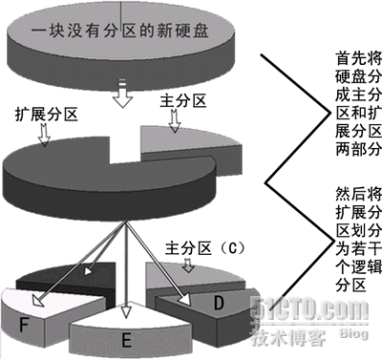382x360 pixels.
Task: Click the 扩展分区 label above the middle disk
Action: [x=47, y=113]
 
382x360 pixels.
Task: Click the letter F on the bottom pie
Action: [x=23, y=325]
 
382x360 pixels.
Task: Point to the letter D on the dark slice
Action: [x=218, y=303]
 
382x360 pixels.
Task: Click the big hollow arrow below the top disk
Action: [x=123, y=94]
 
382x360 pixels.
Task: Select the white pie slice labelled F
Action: [x=38, y=320]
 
